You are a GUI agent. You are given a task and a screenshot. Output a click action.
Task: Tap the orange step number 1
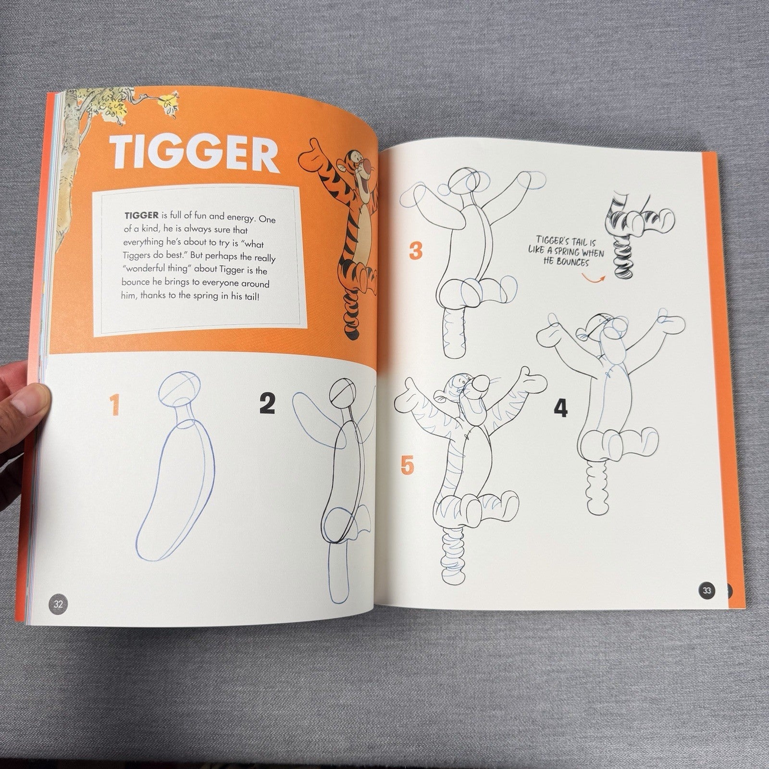coord(114,404)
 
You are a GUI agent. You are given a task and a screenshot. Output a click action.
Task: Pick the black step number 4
coord(560,408)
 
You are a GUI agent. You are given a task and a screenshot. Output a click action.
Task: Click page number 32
coord(59,604)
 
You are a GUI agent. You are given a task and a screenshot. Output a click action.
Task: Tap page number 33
coord(706,591)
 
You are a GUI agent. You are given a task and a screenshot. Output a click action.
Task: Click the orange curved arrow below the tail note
coord(592,276)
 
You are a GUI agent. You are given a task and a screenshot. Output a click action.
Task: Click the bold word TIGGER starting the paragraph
coord(138,215)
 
